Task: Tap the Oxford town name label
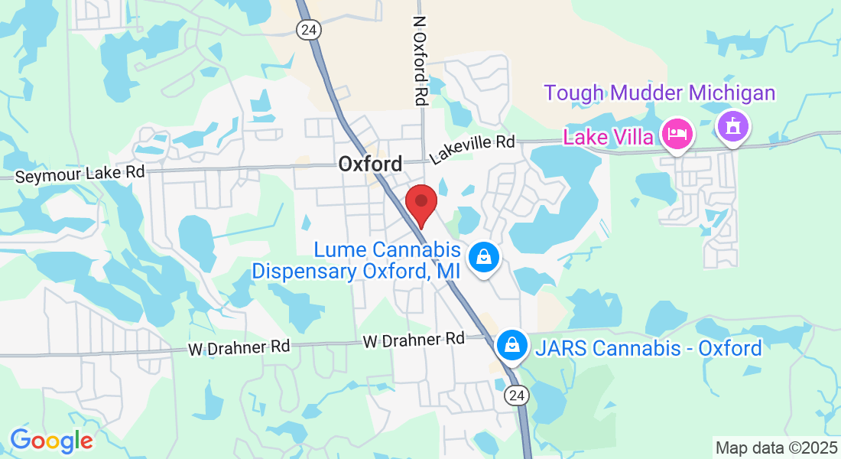[x=370, y=164]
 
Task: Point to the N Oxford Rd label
[x=420, y=61]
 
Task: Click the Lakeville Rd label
[x=472, y=147]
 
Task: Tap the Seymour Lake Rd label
[x=80, y=174]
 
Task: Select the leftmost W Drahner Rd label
[x=239, y=347]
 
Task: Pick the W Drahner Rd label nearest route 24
[x=414, y=339]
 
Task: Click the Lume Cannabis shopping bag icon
[x=484, y=258]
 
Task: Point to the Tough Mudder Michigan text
[x=660, y=93]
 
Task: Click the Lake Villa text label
[x=609, y=138]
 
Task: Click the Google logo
[x=51, y=441]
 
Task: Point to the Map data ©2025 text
[x=775, y=447]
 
